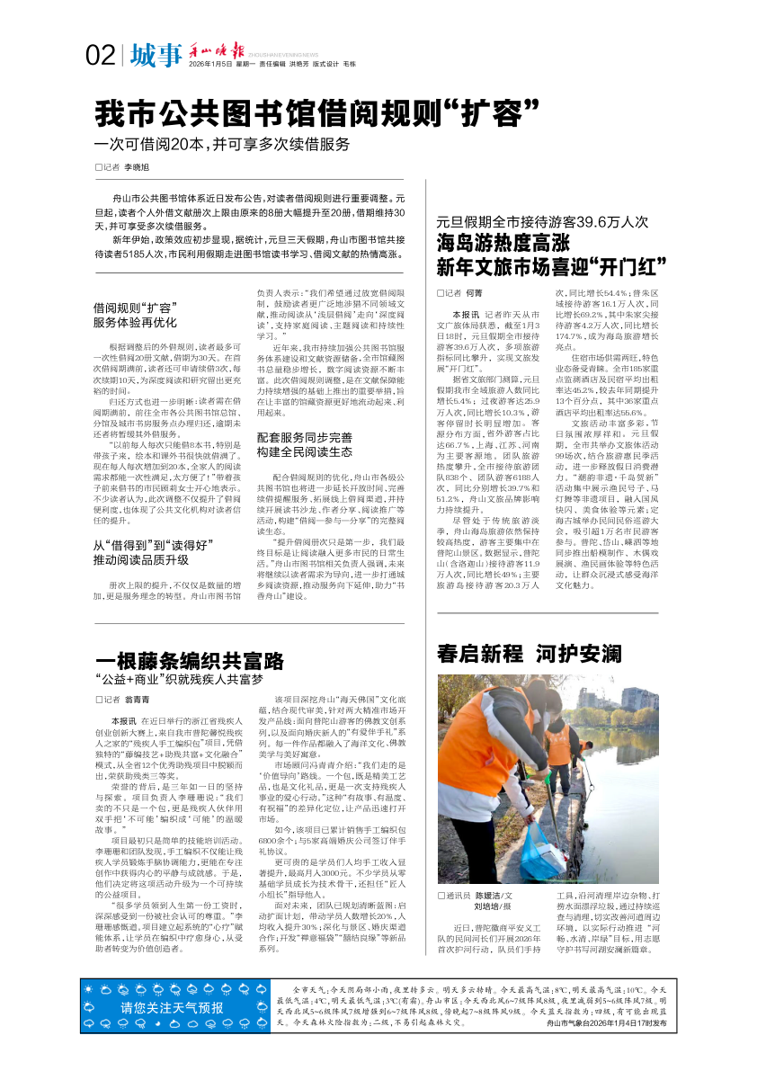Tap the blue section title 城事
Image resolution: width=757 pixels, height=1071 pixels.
point(155,56)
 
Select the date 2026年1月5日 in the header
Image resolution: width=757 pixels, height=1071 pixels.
point(210,65)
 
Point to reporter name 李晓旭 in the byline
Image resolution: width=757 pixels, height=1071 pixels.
point(137,168)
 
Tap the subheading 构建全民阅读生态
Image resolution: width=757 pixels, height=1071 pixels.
point(305,451)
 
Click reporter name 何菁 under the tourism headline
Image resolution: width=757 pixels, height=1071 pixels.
point(475,293)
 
